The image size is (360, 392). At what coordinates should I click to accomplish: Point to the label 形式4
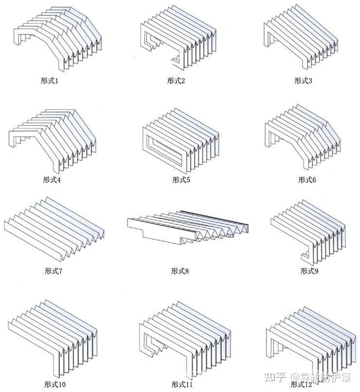(52, 180)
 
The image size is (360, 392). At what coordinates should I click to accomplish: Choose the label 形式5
(180, 180)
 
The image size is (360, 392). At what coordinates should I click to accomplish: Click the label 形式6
(307, 180)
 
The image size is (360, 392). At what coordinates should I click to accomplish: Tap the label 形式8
(180, 271)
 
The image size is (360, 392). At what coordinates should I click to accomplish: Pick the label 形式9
(309, 271)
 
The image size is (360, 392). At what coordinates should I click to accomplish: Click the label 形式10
(55, 385)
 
